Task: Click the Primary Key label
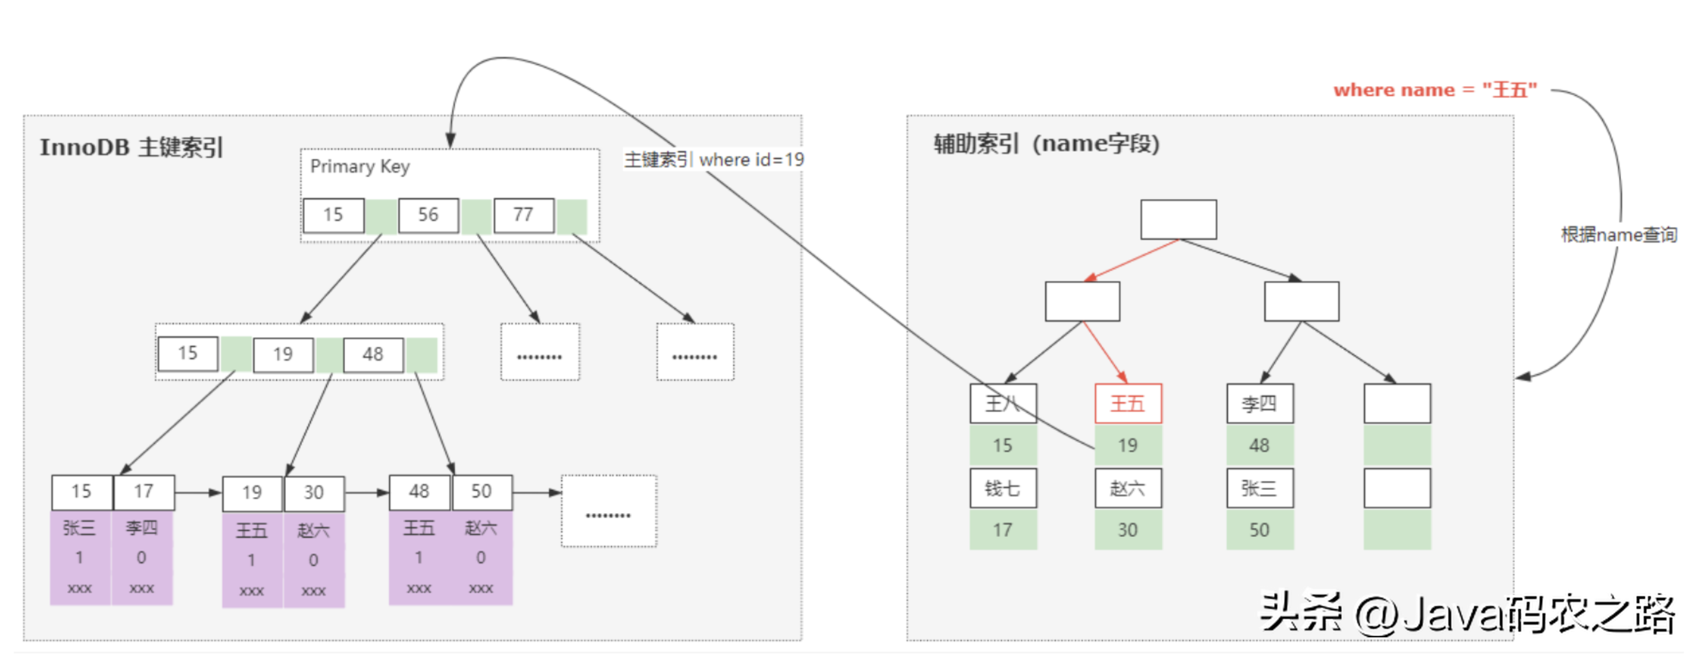pyautogui.click(x=360, y=166)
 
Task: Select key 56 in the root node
pyautogui.click(x=428, y=215)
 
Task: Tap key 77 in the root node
pyautogui.click(x=524, y=215)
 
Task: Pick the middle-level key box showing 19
pyautogui.click(x=283, y=354)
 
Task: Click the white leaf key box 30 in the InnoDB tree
pyautogui.click(x=313, y=493)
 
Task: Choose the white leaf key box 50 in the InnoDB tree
pyautogui.click(x=481, y=491)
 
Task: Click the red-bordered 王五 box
pyautogui.click(x=1128, y=403)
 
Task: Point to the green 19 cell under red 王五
pyautogui.click(x=1128, y=446)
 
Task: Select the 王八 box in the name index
pyautogui.click(x=1003, y=403)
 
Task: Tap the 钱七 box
pyautogui.click(x=1003, y=488)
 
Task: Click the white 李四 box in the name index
pyautogui.click(x=1259, y=403)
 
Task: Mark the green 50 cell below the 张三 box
pyautogui.click(x=1259, y=530)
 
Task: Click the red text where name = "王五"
pyautogui.click(x=1435, y=90)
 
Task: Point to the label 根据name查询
pyautogui.click(x=1618, y=234)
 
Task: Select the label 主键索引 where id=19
pyautogui.click(x=714, y=159)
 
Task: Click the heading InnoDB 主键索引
pyautogui.click(x=132, y=147)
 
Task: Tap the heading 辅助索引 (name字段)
pyautogui.click(x=1046, y=143)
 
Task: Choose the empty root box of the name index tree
pyautogui.click(x=1178, y=219)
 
